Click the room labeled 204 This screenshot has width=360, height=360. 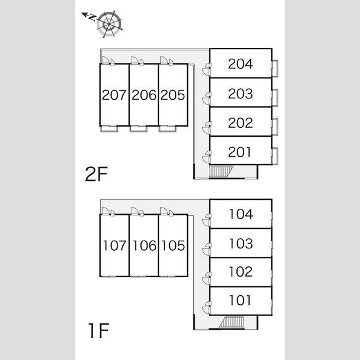click(241, 63)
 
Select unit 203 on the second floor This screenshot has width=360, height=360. click(241, 92)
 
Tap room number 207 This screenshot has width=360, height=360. click(115, 95)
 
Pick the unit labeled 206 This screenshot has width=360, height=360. click(144, 95)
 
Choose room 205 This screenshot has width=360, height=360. click(173, 95)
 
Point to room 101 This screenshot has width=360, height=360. click(241, 301)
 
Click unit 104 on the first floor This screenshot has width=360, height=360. click(241, 214)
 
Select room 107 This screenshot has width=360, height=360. click(115, 245)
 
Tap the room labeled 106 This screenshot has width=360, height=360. click(144, 245)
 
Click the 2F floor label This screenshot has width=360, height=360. click(97, 174)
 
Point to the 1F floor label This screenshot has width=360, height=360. click(99, 330)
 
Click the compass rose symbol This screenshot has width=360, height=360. click(109, 25)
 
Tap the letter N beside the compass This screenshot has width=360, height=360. click(92, 17)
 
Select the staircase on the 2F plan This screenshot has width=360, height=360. click(221, 171)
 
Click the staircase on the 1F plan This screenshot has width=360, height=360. click(232, 322)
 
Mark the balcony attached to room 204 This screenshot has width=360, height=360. click(275, 68)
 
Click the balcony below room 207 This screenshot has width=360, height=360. click(109, 129)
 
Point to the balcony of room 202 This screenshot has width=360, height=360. click(275, 127)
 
